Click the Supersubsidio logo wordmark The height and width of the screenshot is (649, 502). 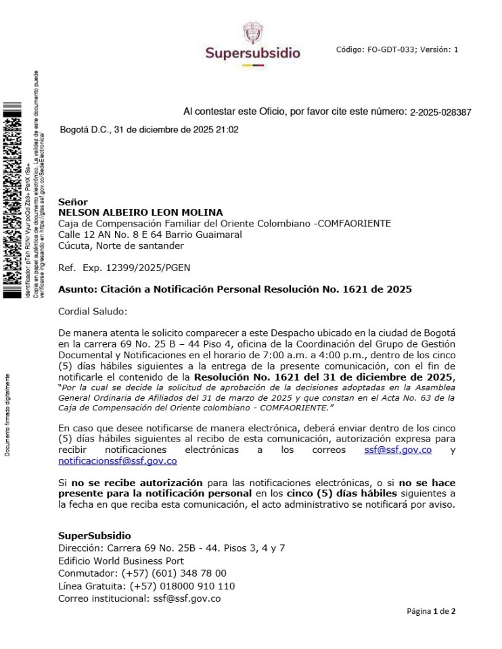[253, 53]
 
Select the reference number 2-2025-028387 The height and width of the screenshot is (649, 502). [440, 112]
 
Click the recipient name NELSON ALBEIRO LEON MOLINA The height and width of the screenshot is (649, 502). [141, 212]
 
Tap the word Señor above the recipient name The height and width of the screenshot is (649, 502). [73, 201]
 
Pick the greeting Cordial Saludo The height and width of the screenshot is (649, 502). [88, 312]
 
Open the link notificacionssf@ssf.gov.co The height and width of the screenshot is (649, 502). [118, 461]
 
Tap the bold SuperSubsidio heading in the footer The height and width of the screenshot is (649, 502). [95, 535]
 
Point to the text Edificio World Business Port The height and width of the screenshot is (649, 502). [121, 560]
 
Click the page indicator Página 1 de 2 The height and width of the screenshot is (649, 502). [431, 612]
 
